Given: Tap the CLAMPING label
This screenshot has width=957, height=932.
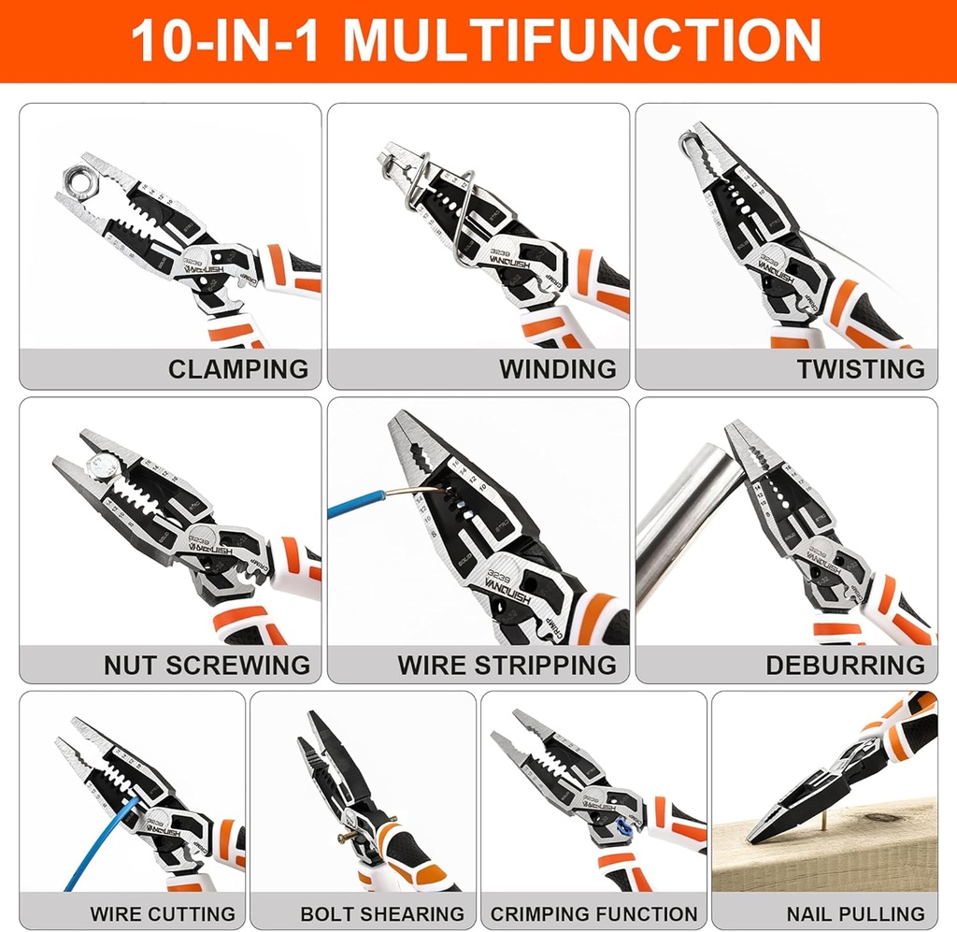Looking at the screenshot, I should tap(237, 368).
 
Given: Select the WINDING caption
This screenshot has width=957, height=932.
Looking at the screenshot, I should tap(557, 368).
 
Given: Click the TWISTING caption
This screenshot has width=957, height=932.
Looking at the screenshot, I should tap(860, 368).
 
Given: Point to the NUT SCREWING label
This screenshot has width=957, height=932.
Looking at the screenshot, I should tap(207, 665).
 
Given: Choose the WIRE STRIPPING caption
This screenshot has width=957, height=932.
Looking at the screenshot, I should tap(507, 665).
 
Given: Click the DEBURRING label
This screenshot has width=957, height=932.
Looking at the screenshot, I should tap(845, 665).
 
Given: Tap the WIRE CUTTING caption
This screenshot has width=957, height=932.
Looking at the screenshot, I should tap(163, 913).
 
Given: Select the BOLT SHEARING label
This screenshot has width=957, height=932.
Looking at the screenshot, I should tap(382, 913).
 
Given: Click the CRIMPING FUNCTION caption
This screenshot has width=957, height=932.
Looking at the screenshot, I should tap(594, 913).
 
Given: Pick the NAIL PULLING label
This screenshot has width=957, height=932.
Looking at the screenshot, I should tap(855, 913).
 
